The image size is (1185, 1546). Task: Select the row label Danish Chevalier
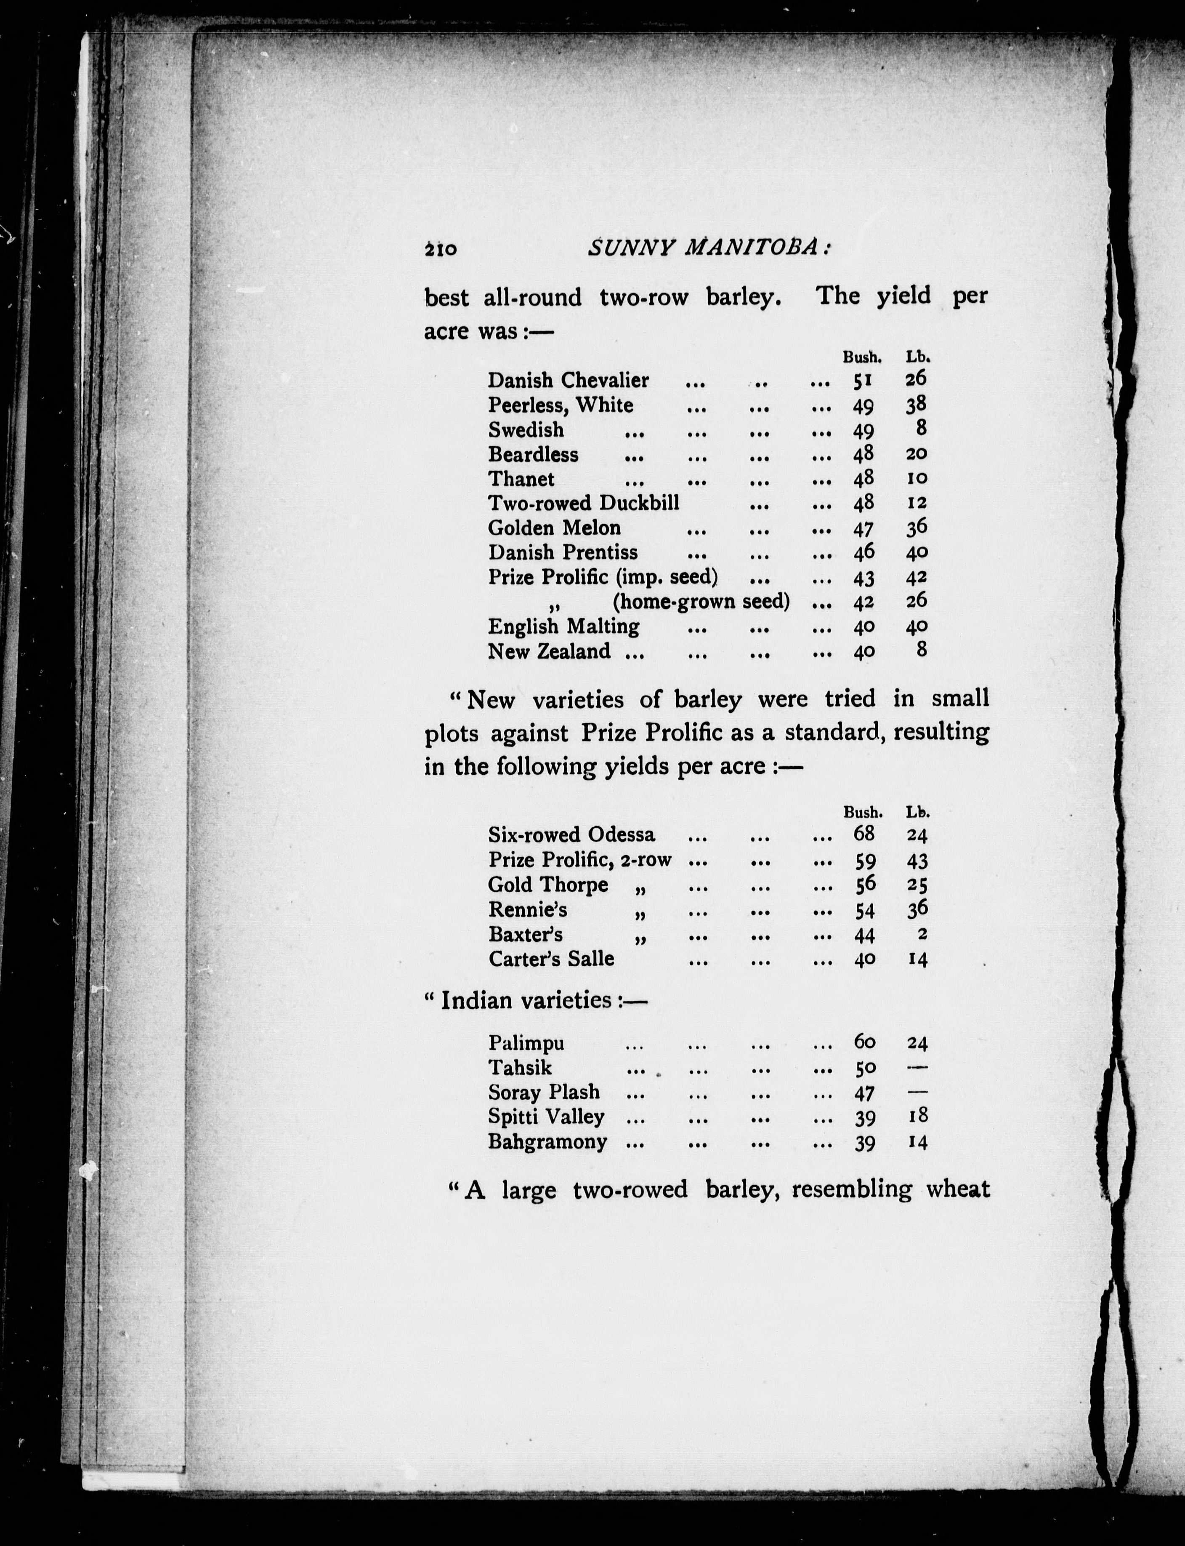[568, 381]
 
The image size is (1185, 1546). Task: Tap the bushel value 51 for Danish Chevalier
[863, 381]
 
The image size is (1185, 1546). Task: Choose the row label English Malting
[563, 626]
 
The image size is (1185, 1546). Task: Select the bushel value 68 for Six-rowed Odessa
[864, 835]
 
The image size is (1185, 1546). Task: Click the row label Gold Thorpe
[547, 885]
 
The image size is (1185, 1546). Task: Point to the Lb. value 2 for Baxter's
[922, 934]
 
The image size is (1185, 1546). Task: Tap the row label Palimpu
[526, 1043]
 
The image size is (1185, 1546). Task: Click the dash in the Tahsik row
[917, 1067]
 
